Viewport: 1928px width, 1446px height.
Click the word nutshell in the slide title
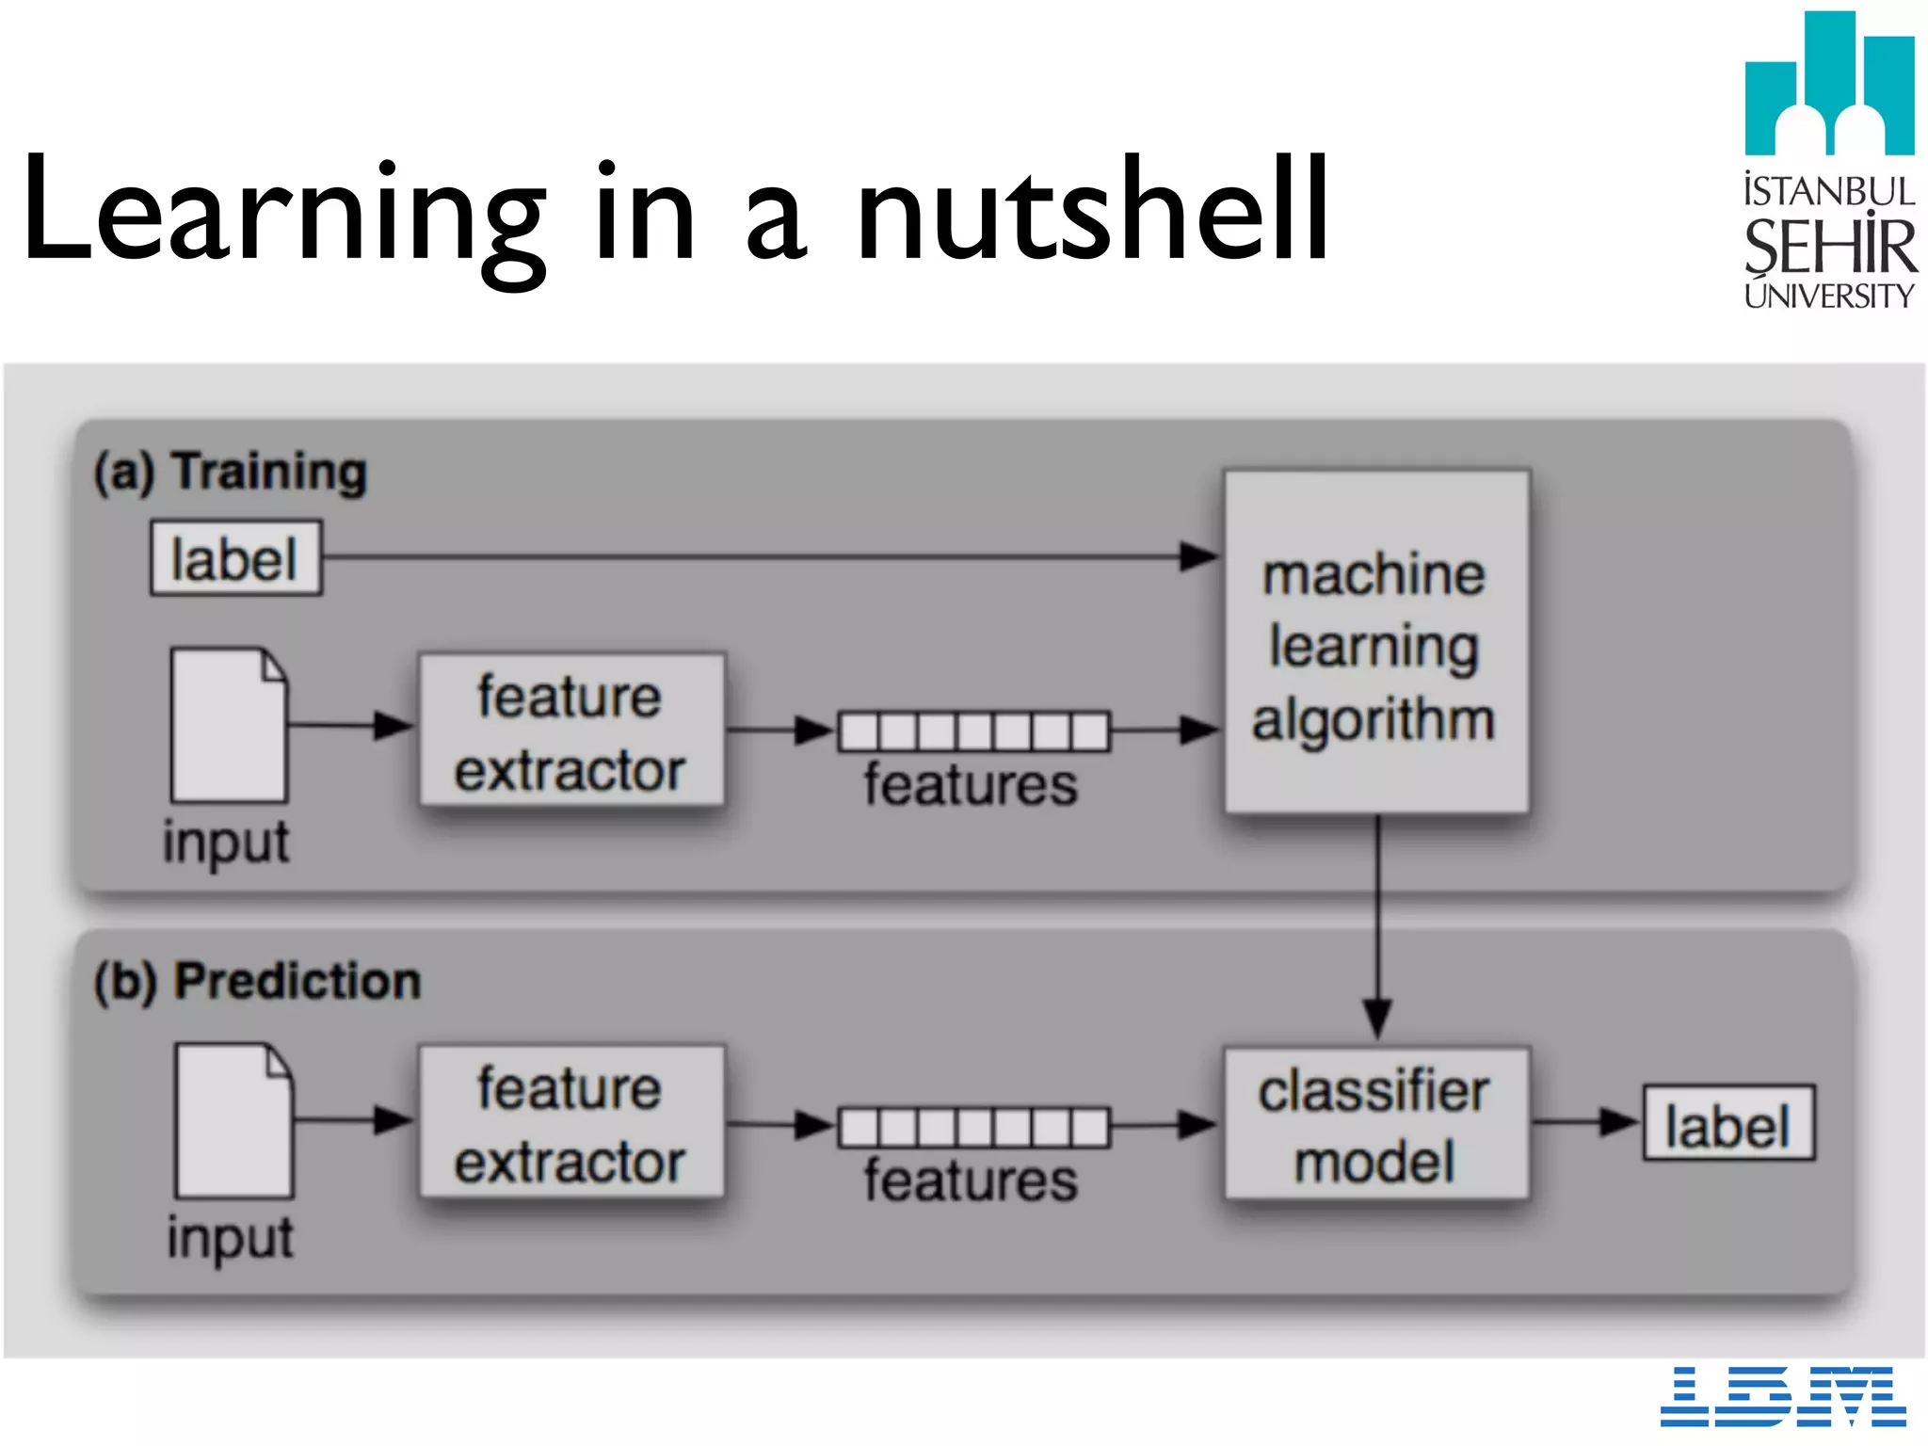(x=1092, y=209)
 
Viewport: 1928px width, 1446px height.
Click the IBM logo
(x=1782, y=1396)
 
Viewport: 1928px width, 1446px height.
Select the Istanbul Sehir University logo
(x=1829, y=160)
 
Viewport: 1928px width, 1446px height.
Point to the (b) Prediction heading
(x=257, y=981)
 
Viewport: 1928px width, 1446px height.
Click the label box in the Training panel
(x=235, y=558)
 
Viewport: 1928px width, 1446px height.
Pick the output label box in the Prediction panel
(x=1728, y=1124)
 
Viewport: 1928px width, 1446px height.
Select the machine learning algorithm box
(x=1375, y=643)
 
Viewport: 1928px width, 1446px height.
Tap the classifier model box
(x=1375, y=1124)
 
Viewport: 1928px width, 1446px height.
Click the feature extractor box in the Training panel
(x=571, y=731)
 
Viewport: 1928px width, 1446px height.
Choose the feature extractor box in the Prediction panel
(x=571, y=1122)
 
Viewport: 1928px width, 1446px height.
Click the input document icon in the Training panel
(x=229, y=724)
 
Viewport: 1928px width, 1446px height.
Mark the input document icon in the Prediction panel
(x=234, y=1119)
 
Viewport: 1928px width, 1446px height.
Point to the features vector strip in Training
(x=974, y=731)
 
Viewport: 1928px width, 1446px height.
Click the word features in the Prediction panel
(x=971, y=1181)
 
